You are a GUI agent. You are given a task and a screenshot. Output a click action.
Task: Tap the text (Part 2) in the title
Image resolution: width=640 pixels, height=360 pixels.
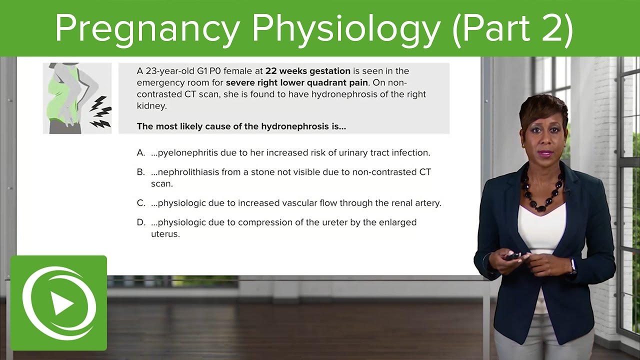512,28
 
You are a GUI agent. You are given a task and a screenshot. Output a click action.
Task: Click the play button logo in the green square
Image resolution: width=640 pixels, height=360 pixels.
59,303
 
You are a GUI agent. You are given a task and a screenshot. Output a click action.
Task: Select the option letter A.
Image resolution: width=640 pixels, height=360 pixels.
140,153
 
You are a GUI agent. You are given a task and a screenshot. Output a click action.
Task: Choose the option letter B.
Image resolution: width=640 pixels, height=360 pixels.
140,172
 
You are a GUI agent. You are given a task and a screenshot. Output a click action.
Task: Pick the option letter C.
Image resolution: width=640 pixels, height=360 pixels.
140,203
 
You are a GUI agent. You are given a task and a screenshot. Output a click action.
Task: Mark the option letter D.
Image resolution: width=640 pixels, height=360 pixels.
140,222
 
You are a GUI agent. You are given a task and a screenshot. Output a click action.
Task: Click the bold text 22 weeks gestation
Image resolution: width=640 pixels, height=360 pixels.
308,71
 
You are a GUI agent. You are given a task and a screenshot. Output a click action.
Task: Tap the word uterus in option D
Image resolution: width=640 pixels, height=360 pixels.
164,234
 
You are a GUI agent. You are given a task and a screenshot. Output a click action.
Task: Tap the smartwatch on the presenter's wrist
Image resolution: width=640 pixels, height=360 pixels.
573,264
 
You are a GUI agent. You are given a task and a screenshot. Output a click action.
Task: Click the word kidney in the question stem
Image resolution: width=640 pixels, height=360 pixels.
152,106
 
